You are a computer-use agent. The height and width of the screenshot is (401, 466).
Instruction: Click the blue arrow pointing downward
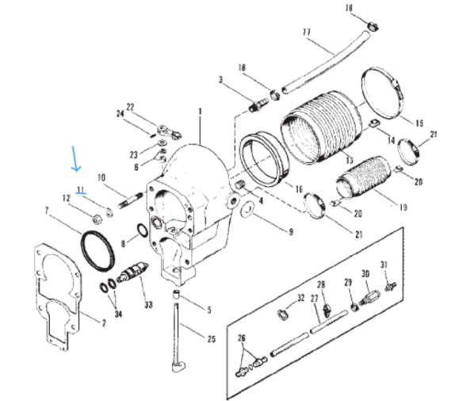(x=74, y=158)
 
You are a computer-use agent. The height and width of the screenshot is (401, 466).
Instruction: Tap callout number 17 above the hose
(x=306, y=32)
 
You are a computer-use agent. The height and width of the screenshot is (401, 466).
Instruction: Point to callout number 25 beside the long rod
(x=212, y=340)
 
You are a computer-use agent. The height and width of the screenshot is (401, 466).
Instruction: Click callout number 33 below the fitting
(x=147, y=303)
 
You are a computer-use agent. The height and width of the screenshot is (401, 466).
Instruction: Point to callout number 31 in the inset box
(x=384, y=265)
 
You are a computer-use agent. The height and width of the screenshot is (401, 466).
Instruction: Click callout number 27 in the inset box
(x=314, y=299)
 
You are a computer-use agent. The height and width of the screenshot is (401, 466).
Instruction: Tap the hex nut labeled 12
(x=94, y=214)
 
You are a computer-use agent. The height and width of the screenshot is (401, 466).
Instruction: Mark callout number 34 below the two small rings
(x=119, y=315)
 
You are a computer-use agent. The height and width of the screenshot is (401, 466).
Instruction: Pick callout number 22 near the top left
(x=131, y=106)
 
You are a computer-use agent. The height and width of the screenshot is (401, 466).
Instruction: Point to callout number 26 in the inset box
(x=243, y=338)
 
